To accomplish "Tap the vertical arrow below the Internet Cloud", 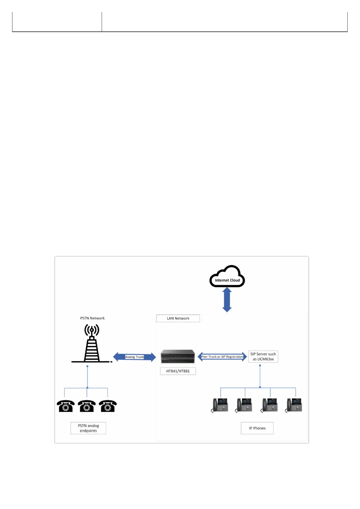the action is (x=227, y=300).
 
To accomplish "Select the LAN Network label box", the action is (x=178, y=318).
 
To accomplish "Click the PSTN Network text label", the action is (x=92, y=318).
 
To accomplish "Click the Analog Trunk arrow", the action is (x=135, y=357).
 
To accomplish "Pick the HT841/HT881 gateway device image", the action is (x=178, y=356).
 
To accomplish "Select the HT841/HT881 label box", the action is (x=178, y=371).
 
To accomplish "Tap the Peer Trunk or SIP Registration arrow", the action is (x=222, y=357).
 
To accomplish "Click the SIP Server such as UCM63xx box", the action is (x=263, y=357).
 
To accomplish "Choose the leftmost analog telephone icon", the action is (x=66, y=406).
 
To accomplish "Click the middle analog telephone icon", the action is (x=87, y=406).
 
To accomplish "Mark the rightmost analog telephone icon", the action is (x=108, y=406).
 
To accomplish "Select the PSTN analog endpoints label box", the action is (x=88, y=428).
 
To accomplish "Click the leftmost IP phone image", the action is (x=220, y=405).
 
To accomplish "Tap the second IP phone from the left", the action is (x=244, y=405).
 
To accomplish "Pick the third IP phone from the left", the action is (x=270, y=405).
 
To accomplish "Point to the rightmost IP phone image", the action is (x=294, y=405).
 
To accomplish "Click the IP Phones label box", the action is (x=257, y=428).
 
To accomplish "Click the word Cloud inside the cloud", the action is (x=235, y=280).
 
